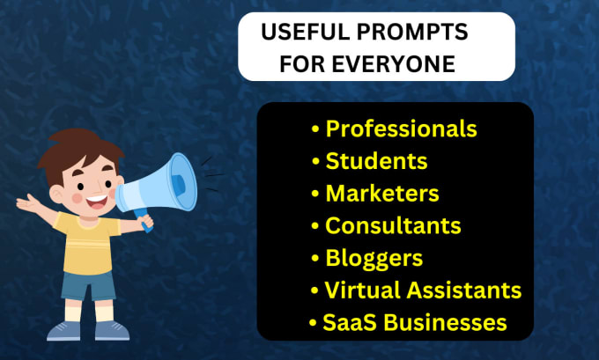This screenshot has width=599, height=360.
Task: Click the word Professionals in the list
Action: (401, 129)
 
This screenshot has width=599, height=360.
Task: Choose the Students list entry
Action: (376, 161)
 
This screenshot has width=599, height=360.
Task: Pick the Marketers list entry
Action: (382, 193)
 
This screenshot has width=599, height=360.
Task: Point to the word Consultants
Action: (393, 225)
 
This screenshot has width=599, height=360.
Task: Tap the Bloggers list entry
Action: (374, 259)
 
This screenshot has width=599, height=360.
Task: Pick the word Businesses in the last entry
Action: (445, 322)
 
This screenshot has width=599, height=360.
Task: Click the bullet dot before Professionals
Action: (315, 129)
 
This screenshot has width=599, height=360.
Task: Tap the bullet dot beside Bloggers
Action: (315, 259)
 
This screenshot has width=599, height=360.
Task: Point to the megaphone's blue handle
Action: (145, 220)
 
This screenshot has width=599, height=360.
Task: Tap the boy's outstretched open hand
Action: (26, 203)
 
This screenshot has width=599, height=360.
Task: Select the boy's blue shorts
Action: (88, 285)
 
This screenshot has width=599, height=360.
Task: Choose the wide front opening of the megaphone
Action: (183, 181)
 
